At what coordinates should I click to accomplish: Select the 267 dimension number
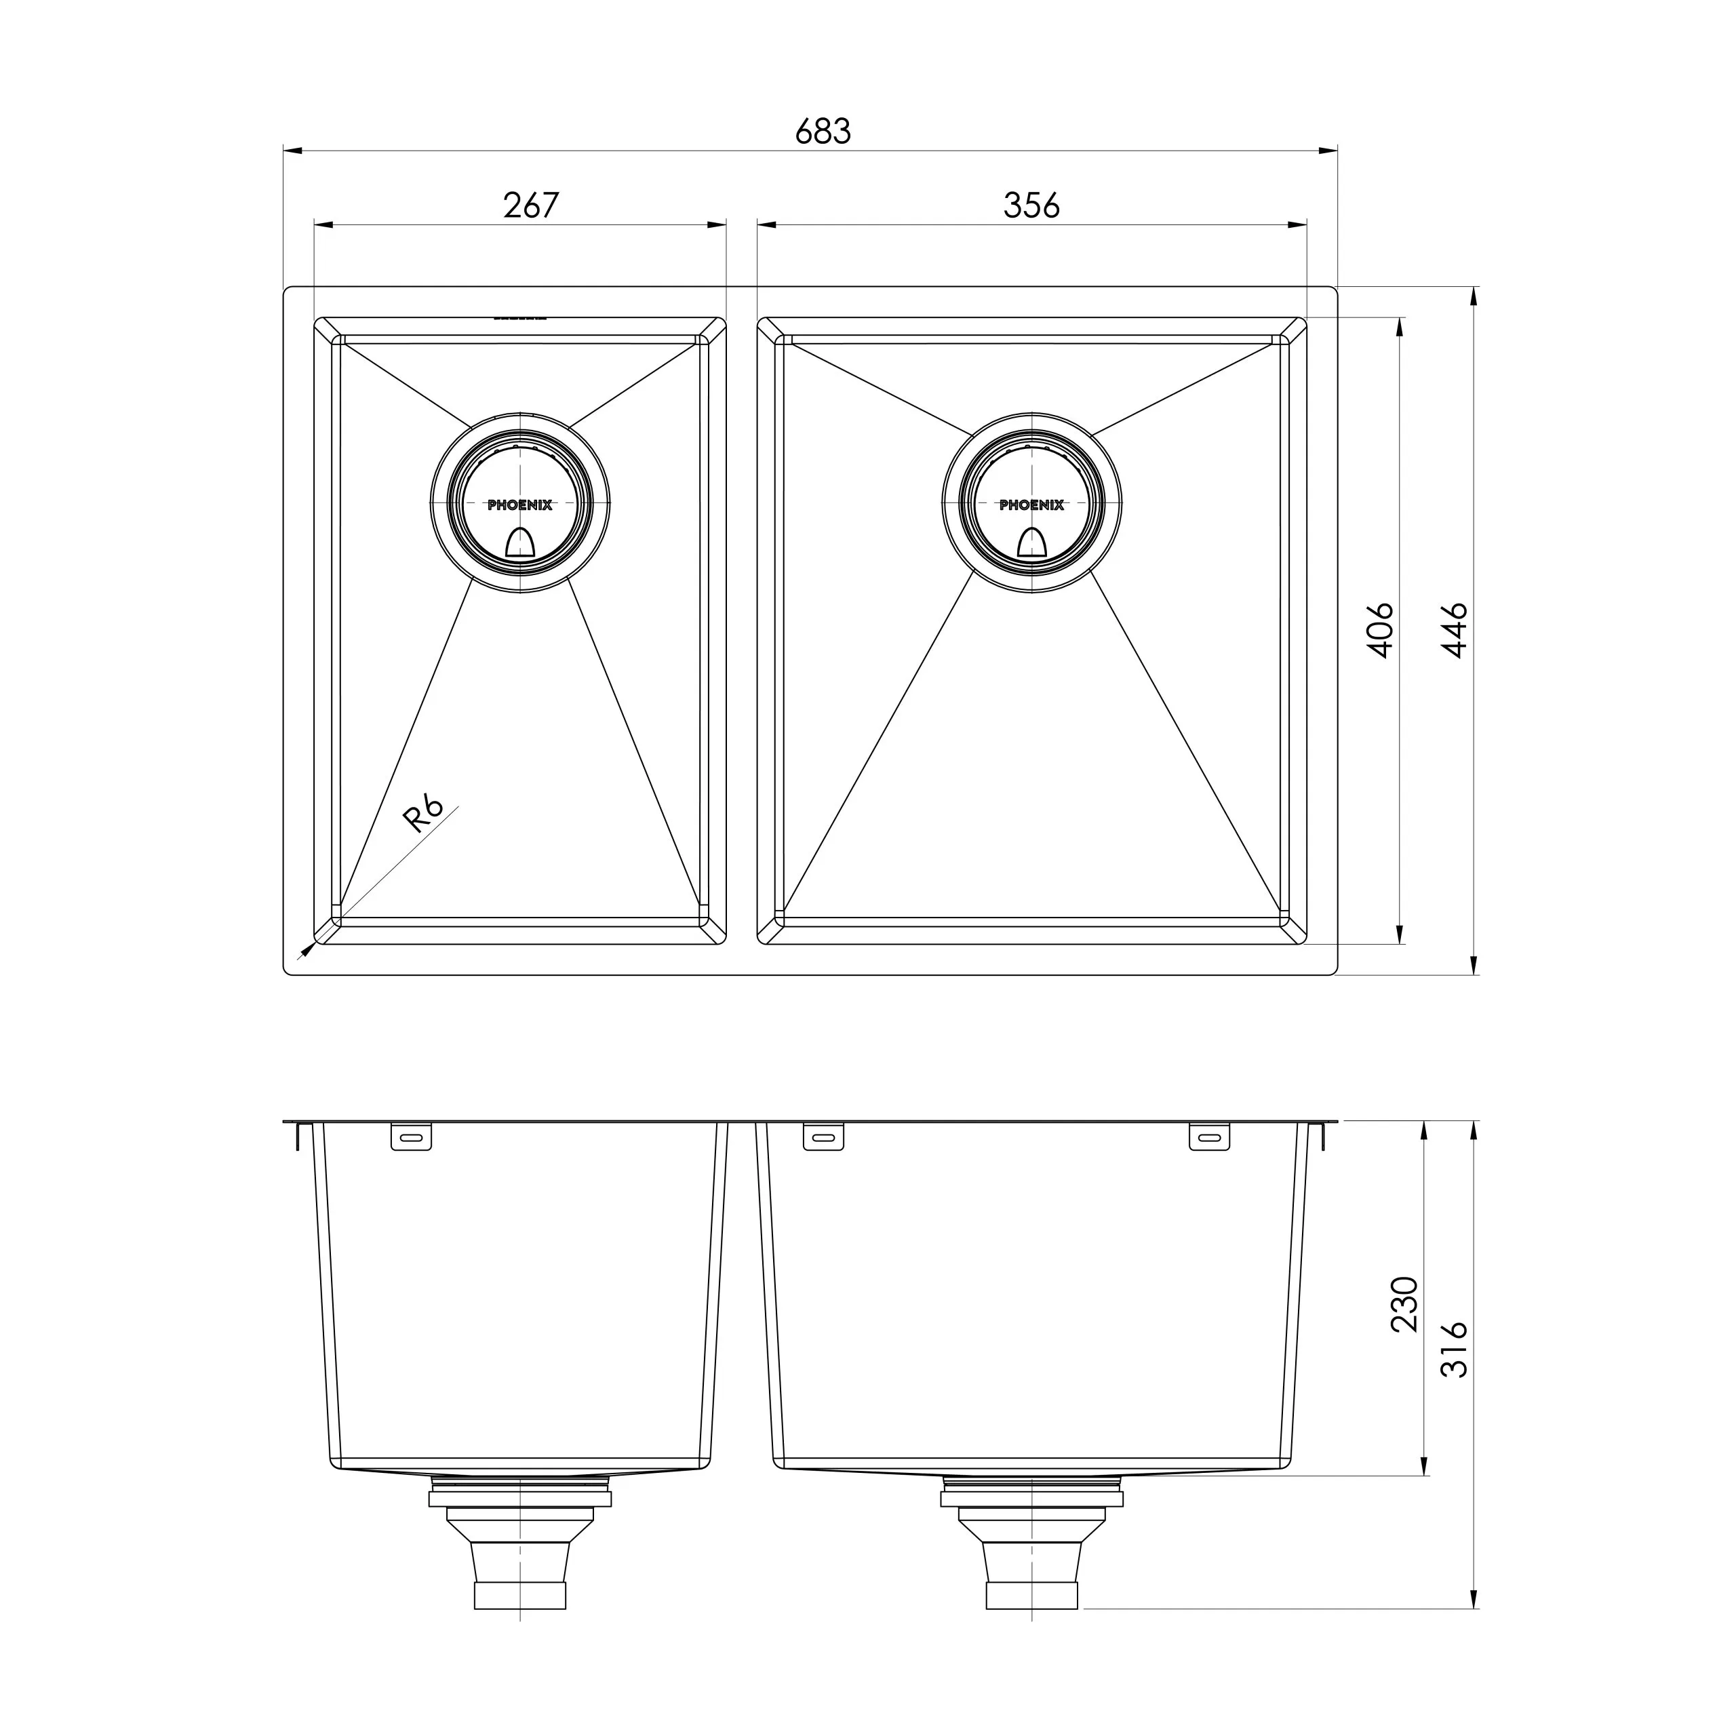530,205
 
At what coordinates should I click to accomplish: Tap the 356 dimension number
1031,205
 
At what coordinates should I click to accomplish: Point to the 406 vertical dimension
1381,630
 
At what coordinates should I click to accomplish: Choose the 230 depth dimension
1404,1304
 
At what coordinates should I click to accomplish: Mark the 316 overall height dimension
1455,1349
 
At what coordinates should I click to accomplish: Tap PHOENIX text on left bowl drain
519,506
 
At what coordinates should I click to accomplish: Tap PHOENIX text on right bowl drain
1031,506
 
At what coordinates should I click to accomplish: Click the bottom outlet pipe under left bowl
519,1596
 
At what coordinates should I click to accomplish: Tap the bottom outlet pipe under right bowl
1031,1596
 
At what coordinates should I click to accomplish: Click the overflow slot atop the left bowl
519,317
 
